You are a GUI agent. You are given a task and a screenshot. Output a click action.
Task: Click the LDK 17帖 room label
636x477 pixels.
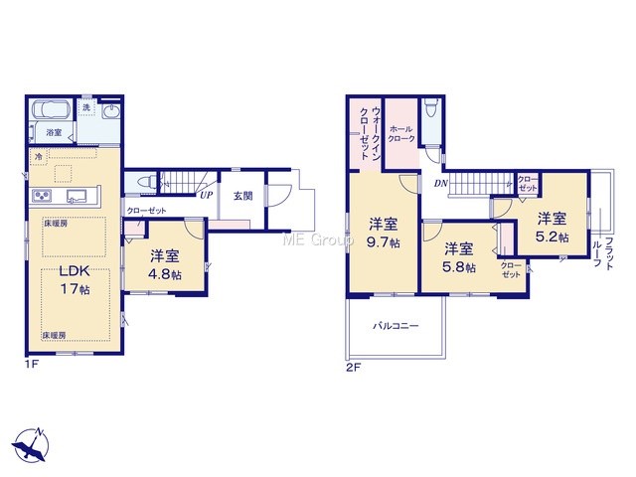[x=76, y=280]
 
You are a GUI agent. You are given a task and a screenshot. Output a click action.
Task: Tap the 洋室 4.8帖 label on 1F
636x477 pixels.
[x=165, y=265]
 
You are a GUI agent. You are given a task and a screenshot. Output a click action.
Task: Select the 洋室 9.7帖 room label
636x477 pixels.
[x=384, y=233]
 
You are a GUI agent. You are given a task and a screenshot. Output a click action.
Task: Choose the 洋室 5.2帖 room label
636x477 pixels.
[x=553, y=228]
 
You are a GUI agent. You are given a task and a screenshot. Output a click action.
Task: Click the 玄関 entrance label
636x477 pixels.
[x=242, y=196]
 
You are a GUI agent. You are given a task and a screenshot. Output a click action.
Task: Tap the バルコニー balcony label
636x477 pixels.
[x=396, y=326]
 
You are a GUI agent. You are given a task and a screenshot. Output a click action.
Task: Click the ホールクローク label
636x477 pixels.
[x=401, y=134]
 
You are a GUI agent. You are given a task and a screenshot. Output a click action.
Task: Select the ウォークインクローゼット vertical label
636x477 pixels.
[x=370, y=133]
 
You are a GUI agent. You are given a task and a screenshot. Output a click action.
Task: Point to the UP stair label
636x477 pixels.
[x=206, y=195]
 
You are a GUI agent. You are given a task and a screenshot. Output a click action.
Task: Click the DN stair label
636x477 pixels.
[x=441, y=184]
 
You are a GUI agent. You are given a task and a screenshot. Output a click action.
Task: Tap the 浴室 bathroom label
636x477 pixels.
[x=54, y=132]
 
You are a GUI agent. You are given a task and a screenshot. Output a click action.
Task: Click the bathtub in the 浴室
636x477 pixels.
[x=51, y=108]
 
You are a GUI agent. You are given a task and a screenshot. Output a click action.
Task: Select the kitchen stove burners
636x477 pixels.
[x=42, y=197]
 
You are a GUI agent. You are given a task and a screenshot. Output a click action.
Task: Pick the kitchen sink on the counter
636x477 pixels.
[x=78, y=197]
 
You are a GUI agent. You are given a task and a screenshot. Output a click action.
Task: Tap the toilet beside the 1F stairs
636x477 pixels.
[x=146, y=181]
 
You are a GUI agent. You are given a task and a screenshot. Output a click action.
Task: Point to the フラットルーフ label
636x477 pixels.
[x=602, y=253]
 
